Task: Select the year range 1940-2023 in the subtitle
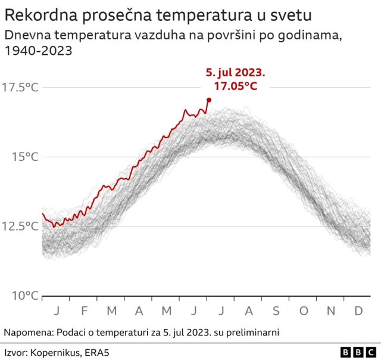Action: [x=38, y=51]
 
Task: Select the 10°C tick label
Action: [x=24, y=295]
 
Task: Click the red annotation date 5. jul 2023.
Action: [x=235, y=73]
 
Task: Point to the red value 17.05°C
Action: [x=235, y=86]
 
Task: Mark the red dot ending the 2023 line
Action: [x=208, y=100]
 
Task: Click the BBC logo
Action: [x=358, y=352]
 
